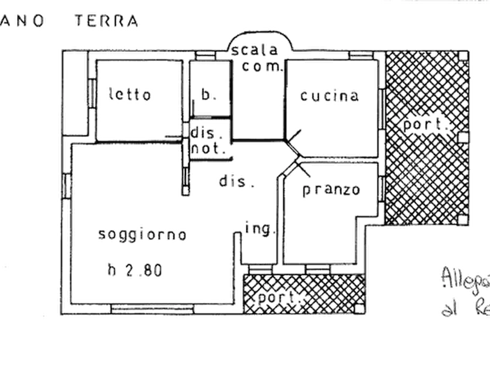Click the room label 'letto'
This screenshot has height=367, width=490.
point(128,95)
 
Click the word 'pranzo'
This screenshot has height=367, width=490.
point(331,190)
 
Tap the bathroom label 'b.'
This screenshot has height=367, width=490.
point(209,95)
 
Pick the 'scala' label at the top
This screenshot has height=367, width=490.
point(257,50)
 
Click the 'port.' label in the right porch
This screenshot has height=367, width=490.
point(426,125)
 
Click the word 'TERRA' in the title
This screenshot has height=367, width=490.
point(106,21)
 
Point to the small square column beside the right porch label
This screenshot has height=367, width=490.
point(463,136)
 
